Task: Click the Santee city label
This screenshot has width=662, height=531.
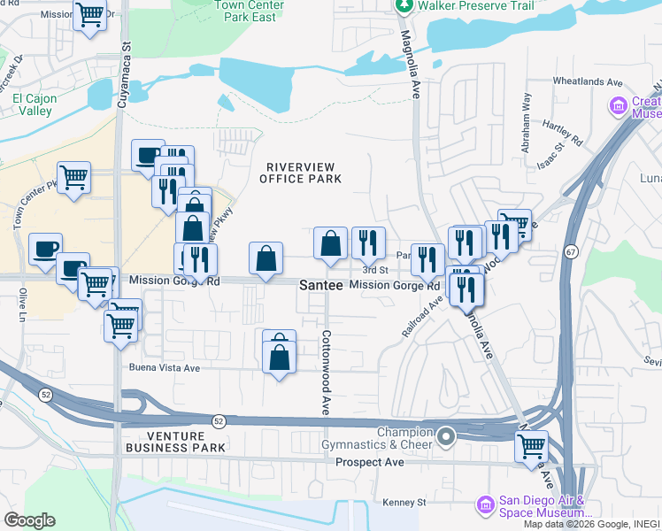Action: (x=320, y=286)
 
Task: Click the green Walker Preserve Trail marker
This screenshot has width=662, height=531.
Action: (x=404, y=7)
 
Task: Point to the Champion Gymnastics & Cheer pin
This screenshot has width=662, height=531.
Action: (x=447, y=436)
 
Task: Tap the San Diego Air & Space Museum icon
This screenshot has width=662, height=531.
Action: (x=484, y=504)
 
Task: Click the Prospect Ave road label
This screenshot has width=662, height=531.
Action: (x=370, y=462)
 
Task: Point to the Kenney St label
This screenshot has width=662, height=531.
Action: (x=404, y=502)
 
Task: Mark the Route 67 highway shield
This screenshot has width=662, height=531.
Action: (x=573, y=252)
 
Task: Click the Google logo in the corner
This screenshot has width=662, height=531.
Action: (x=29, y=520)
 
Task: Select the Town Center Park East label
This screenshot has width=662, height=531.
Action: (x=249, y=11)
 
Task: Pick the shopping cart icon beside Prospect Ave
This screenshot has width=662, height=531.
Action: (x=531, y=446)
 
